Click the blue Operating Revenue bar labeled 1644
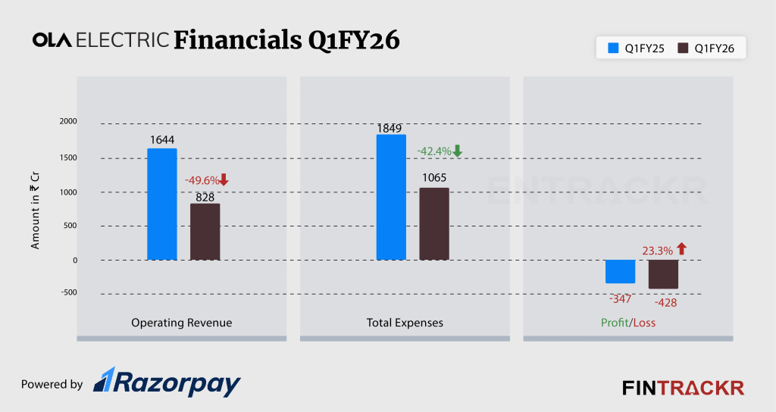pyautogui.click(x=161, y=204)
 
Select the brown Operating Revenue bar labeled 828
pyautogui.click(x=205, y=232)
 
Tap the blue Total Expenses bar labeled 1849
pyautogui.click(x=391, y=198)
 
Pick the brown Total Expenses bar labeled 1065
pyautogui.click(x=433, y=224)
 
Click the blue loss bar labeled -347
pyautogui.click(x=620, y=271)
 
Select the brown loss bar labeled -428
pyautogui.click(x=663, y=274)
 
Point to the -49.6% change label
pyautogui.click(x=202, y=180)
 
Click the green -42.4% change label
pyautogui.click(x=434, y=151)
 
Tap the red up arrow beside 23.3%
pyautogui.click(x=681, y=248)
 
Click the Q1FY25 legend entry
pyautogui.click(x=633, y=48)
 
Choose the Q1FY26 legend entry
pyautogui.click(x=710, y=48)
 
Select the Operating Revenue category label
pyautogui.click(x=182, y=323)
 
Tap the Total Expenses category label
pyautogui.click(x=405, y=323)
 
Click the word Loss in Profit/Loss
pyautogui.click(x=645, y=323)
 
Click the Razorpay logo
pyautogui.click(x=167, y=382)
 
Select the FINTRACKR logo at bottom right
pyautogui.click(x=683, y=388)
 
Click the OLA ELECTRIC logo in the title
pyautogui.click(x=101, y=40)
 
